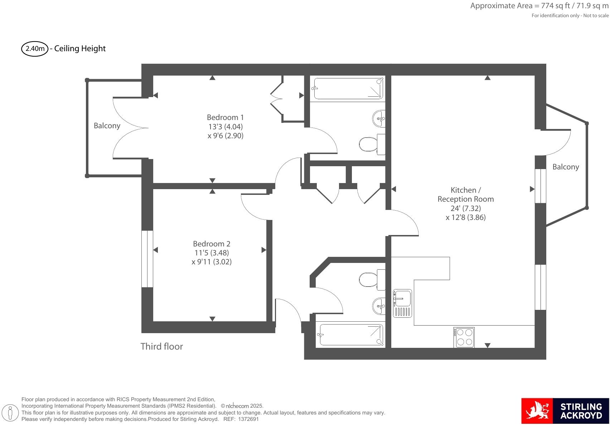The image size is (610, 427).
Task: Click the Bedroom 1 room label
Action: tap(225, 117)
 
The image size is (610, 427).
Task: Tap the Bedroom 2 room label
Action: tap(212, 244)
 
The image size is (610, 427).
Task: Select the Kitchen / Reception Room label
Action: tap(465, 195)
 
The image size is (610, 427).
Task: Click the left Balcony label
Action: tap(107, 126)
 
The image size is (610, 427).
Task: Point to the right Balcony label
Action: tap(565, 167)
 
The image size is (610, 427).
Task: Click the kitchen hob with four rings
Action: tap(464, 337)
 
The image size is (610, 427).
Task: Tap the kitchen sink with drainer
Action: tap(402, 303)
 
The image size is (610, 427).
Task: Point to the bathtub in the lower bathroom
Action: tap(350, 335)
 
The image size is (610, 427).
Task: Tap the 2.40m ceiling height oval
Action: tap(35, 49)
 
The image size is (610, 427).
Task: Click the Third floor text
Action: tap(161, 346)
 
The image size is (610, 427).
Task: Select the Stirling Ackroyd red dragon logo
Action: tap(537, 413)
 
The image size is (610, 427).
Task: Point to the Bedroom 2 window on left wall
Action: tap(147, 259)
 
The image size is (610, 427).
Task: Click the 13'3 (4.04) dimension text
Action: tap(225, 127)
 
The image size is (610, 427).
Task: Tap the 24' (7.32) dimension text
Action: tap(465, 208)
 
